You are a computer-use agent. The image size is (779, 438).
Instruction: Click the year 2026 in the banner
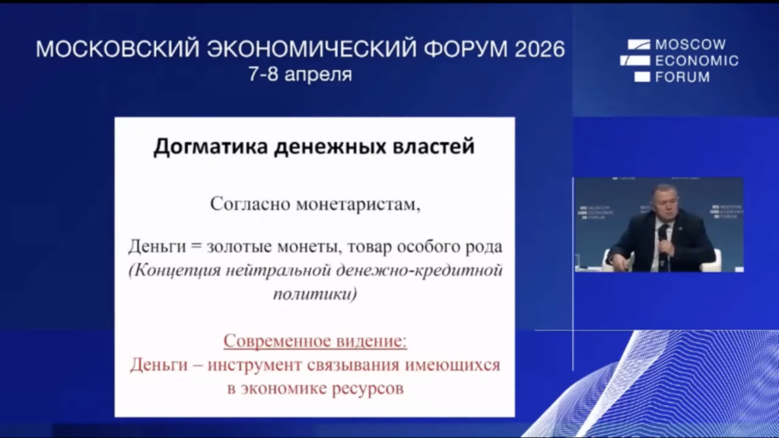[x=540, y=49]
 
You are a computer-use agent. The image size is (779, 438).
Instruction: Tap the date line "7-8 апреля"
[x=300, y=75]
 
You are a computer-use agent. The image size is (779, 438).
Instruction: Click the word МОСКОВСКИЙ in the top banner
[x=118, y=49]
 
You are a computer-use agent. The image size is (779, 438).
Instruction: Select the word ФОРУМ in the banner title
[x=466, y=49]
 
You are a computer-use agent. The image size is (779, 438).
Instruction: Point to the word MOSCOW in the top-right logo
[x=691, y=45]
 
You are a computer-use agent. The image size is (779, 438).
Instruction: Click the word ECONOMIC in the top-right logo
[x=697, y=61]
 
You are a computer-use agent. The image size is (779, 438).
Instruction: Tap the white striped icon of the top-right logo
[x=635, y=61]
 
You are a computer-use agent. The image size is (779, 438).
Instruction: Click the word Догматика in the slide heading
[x=211, y=147]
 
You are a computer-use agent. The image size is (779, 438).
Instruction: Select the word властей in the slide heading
[x=434, y=147]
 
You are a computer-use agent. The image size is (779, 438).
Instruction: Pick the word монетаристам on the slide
[x=358, y=204]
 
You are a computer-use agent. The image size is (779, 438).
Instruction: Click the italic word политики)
[x=315, y=294]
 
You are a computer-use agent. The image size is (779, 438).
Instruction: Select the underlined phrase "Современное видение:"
[x=315, y=341]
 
